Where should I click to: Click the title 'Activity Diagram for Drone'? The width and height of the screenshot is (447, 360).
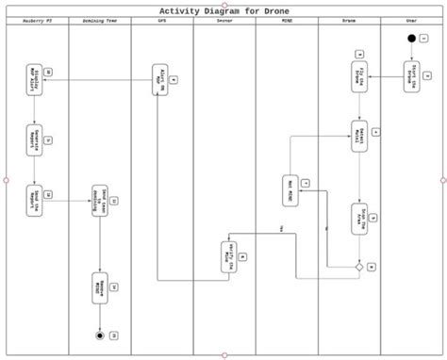pos(223,8)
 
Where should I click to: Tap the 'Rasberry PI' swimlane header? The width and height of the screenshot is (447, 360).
pos(37,19)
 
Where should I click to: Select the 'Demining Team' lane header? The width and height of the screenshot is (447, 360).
pos(99,19)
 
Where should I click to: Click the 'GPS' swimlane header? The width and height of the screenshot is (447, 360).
pos(161,19)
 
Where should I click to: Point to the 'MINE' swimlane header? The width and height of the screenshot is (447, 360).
pos(287,19)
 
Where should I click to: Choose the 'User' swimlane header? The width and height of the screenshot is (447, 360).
pos(411,19)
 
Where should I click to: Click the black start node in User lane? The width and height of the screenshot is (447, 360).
pos(411,38)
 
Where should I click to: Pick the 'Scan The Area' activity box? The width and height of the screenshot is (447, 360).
pos(358,219)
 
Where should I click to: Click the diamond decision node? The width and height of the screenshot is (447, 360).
pos(359,268)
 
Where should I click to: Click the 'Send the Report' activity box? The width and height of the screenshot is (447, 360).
pos(34,199)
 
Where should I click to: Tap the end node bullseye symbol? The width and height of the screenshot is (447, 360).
pos(99,335)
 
